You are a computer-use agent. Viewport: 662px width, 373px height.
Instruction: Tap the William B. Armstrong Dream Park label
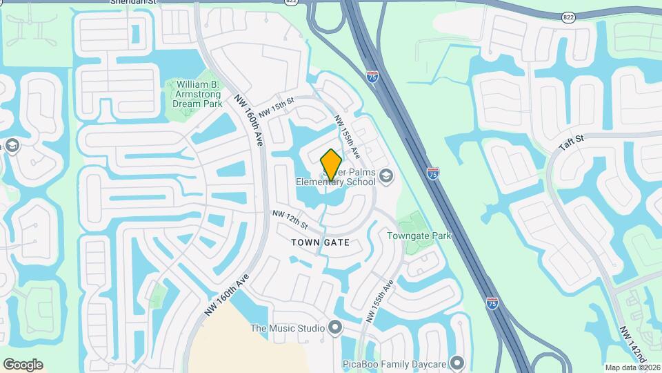194,94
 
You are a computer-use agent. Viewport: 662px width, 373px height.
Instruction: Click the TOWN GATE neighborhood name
320,242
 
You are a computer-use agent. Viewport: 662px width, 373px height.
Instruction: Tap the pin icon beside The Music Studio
336,327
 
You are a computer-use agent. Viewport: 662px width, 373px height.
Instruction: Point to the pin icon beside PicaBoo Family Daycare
457,363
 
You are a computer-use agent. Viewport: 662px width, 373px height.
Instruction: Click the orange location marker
332,164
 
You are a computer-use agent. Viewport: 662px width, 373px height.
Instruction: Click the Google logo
23,364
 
